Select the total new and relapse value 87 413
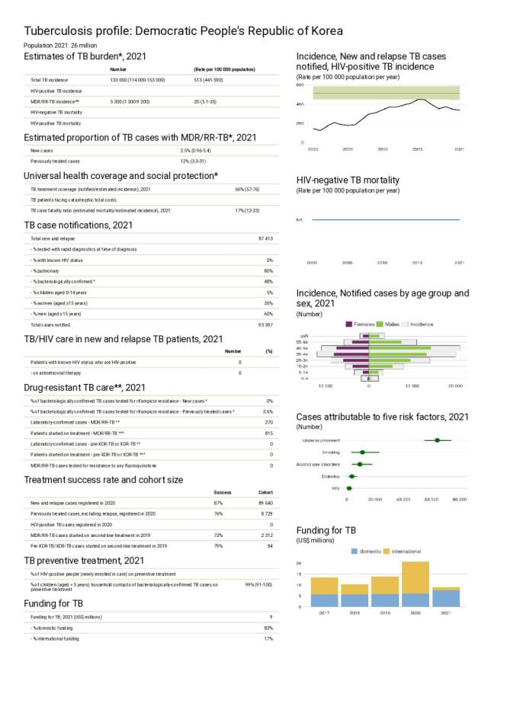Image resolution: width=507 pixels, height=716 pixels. (265, 238)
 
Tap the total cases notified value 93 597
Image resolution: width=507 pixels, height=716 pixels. (265, 325)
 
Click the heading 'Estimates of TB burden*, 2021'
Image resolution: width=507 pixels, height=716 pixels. (85, 56)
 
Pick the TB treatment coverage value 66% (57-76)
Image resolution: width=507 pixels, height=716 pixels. (248, 189)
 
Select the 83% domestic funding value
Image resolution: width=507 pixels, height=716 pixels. (268, 627)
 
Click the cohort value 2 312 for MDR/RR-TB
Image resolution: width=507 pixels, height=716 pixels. (266, 535)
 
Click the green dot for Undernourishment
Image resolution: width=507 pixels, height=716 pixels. (437, 440)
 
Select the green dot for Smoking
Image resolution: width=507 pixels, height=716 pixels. (362, 452)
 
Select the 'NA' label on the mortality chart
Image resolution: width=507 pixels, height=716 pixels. (300, 219)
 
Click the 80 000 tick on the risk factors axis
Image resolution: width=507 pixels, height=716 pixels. (459, 500)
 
